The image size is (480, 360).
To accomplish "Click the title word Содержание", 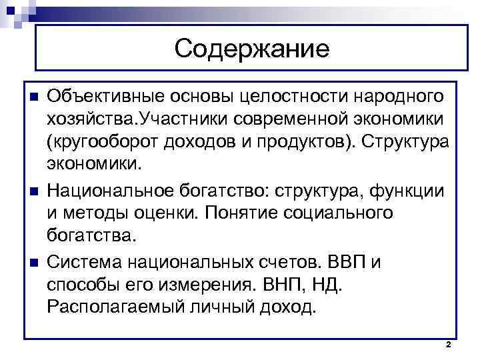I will pyautogui.click(x=253, y=48).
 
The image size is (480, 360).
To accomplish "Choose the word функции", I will pyautogui.click(x=411, y=191).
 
